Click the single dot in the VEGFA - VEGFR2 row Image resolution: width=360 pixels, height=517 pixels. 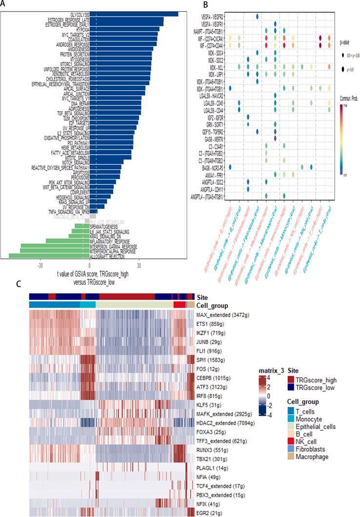(x=257, y=16)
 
